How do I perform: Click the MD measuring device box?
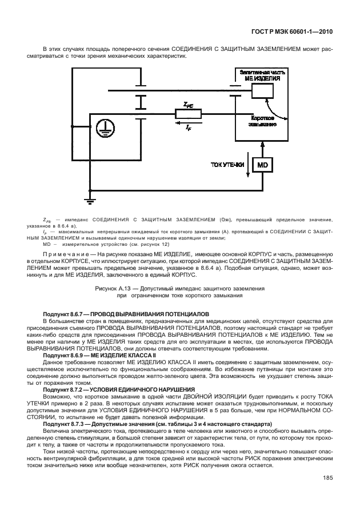click(262, 165)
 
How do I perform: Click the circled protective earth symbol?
click(103, 129)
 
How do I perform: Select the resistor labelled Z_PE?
click(189, 114)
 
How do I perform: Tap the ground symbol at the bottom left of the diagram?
click(89, 200)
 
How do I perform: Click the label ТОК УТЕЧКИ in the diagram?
click(227, 165)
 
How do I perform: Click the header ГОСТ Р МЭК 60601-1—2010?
click(293, 32)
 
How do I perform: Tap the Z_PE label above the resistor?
click(188, 105)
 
